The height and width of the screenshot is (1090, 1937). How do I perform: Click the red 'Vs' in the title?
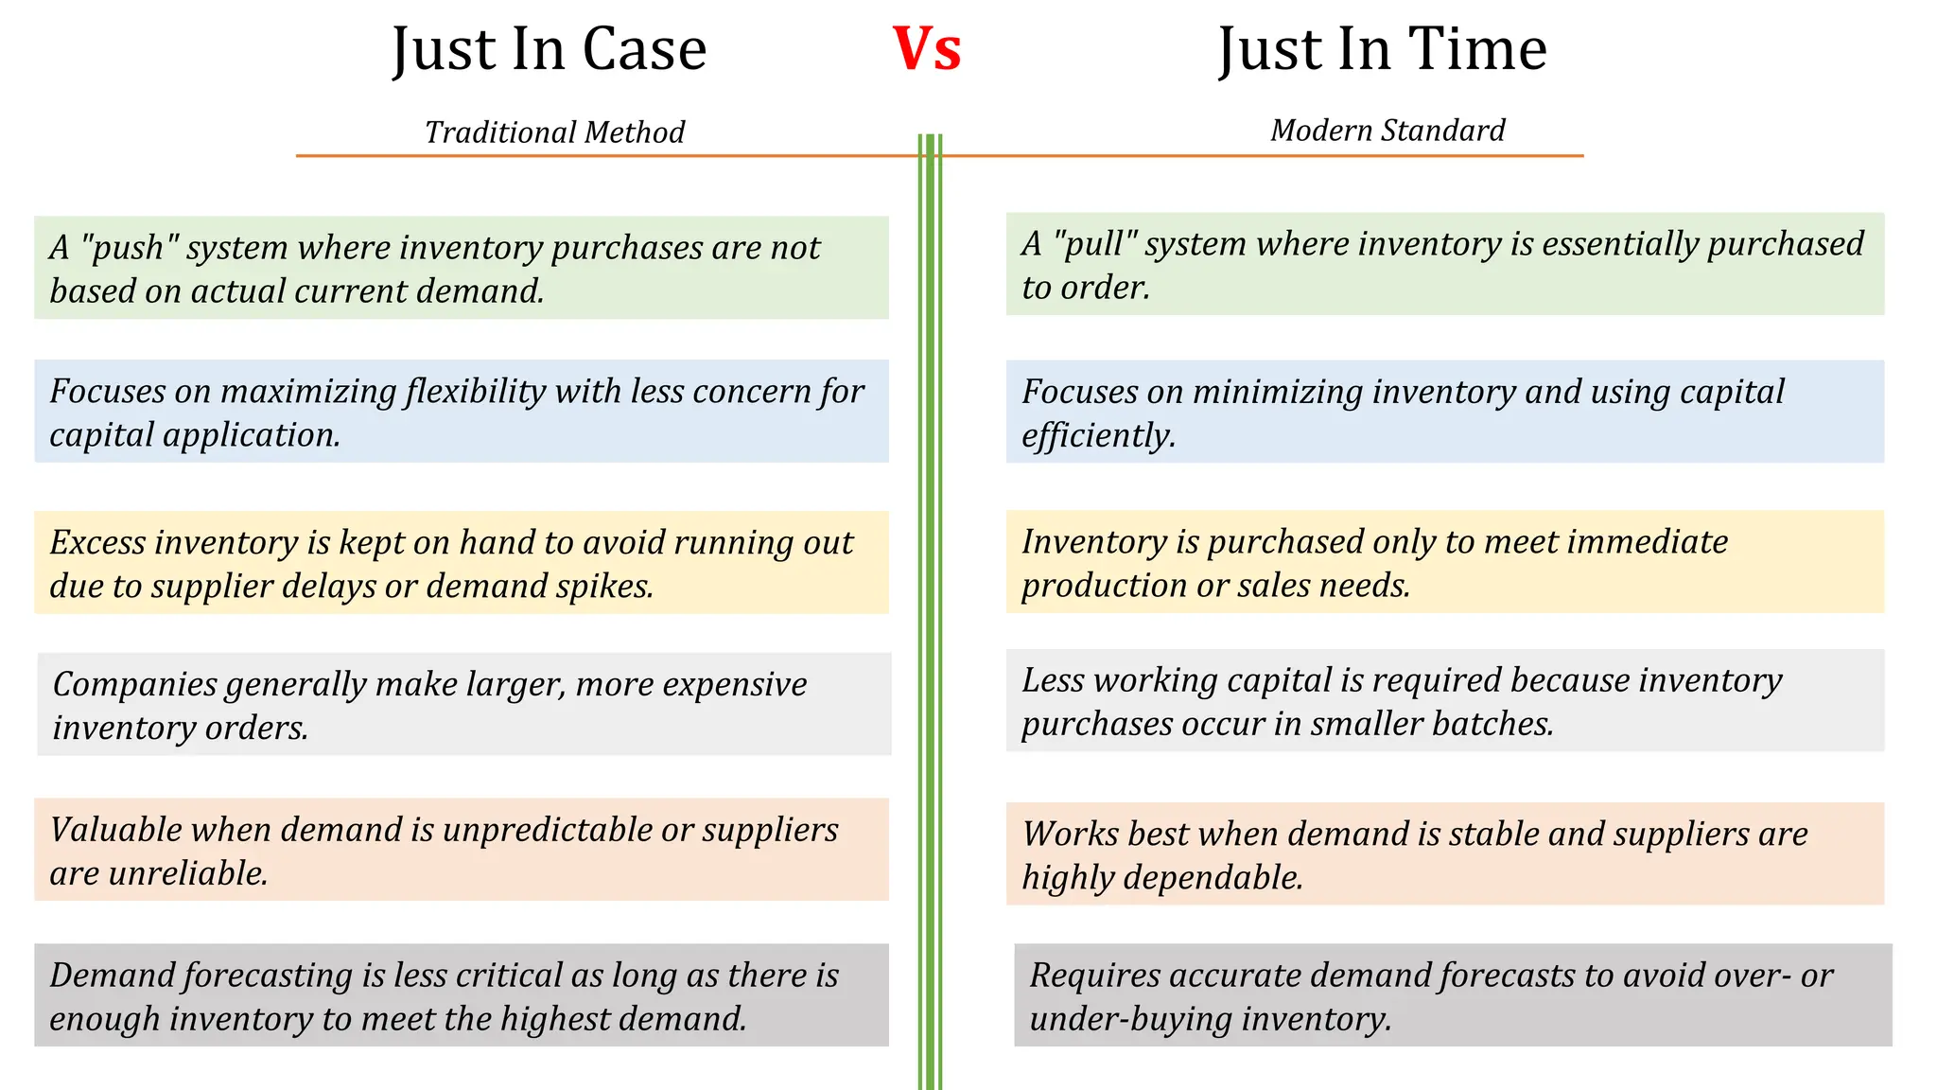[x=927, y=49]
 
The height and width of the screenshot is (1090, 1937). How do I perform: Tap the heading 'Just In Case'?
[x=550, y=49]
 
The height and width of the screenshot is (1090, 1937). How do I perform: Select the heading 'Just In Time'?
[x=1383, y=49]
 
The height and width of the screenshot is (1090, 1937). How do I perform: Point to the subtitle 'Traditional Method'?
[x=554, y=132]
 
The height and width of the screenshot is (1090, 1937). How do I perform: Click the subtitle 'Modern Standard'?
[x=1387, y=131]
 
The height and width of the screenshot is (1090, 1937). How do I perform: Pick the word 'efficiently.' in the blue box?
[x=1098, y=436]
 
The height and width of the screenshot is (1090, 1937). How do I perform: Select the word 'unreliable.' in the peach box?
[x=187, y=873]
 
